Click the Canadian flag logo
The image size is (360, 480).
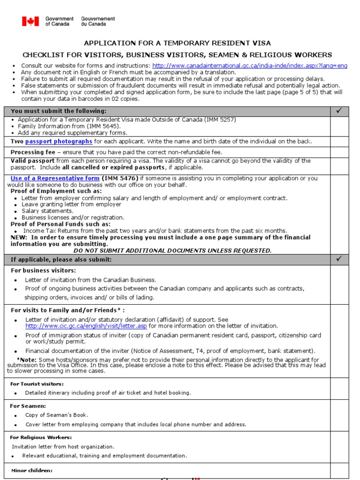[x=30, y=21]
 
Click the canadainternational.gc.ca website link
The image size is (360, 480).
[x=249, y=66]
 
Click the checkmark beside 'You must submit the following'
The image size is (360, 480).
[x=339, y=111]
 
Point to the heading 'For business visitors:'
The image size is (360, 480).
[x=43, y=270]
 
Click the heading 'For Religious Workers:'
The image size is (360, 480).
[x=41, y=437]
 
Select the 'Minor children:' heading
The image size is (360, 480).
[x=32, y=471]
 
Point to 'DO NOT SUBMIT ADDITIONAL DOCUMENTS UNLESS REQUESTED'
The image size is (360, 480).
[x=172, y=251]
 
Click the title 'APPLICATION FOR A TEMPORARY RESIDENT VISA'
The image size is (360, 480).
[x=177, y=43]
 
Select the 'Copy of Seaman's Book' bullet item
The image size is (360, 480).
[x=56, y=415]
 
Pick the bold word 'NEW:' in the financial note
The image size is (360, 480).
[x=19, y=238]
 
